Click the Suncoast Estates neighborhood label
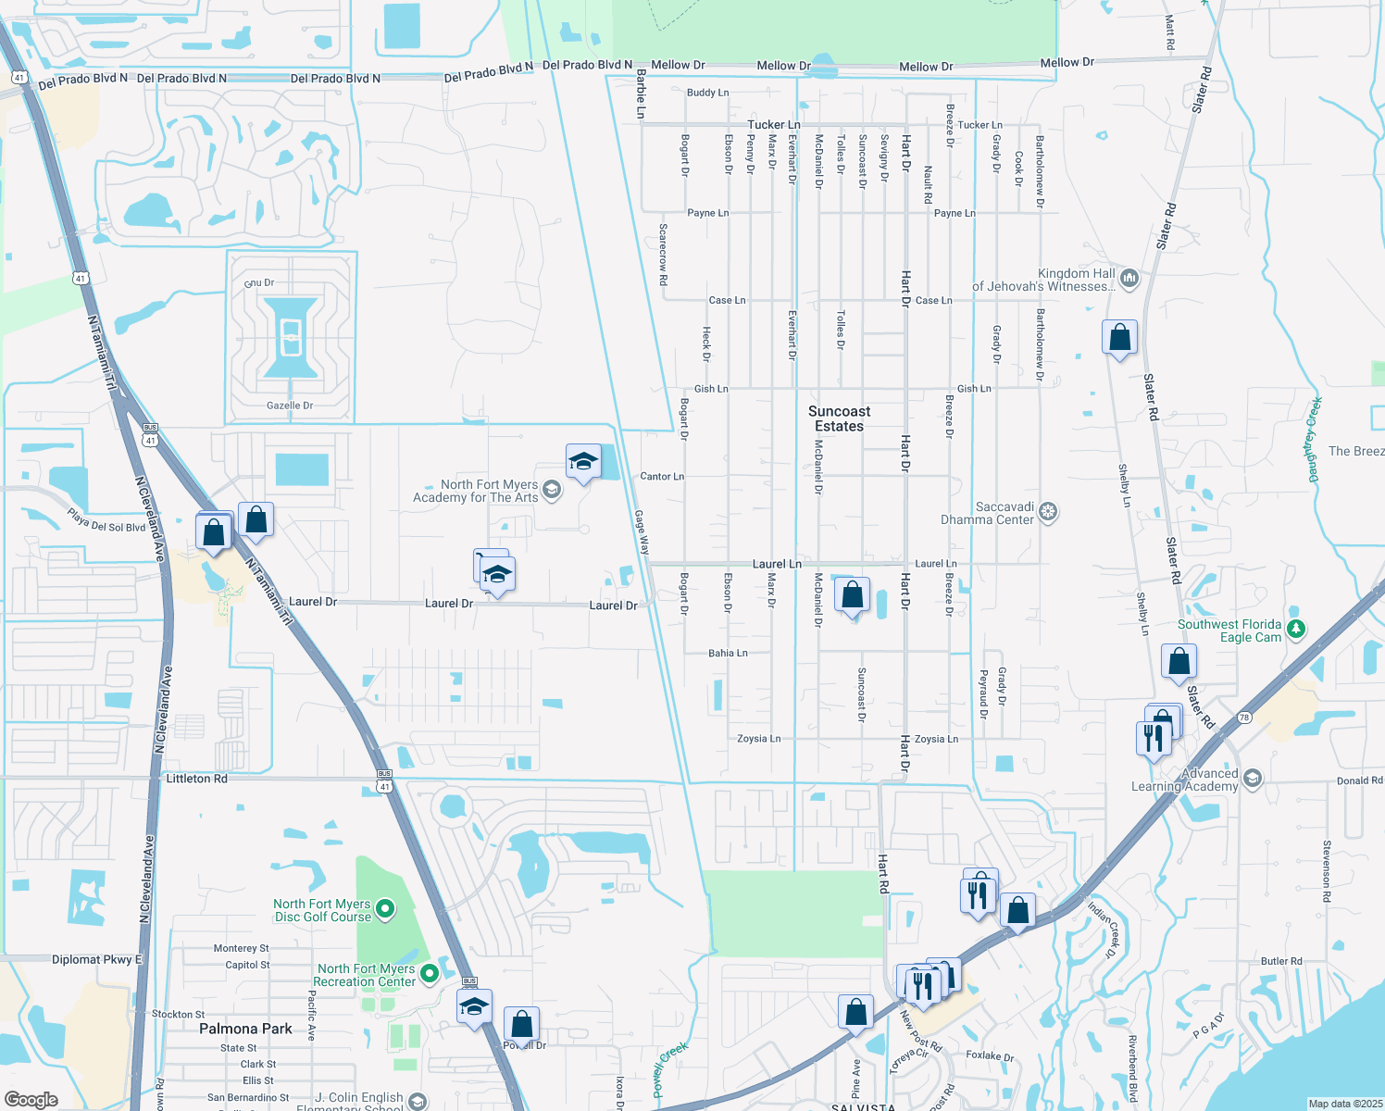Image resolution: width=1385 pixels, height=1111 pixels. click(839, 418)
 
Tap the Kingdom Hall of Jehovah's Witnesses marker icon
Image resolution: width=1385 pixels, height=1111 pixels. click(1129, 278)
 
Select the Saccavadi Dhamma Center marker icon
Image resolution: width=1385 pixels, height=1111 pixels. click(1047, 512)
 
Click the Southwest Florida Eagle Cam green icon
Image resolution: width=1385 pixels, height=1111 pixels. click(1296, 630)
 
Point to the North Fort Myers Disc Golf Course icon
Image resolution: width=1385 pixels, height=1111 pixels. click(385, 909)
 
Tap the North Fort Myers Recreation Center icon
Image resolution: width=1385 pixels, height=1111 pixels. click(429, 974)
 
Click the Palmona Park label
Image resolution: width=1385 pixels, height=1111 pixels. click(245, 1029)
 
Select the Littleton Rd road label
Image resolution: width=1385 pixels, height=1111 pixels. click(196, 779)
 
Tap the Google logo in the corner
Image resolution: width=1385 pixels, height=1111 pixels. click(31, 1099)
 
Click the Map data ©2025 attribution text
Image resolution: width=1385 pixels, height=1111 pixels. click(1344, 1104)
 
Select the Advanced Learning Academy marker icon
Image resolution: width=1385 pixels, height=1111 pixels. click(1253, 779)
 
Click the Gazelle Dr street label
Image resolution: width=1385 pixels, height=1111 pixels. click(290, 406)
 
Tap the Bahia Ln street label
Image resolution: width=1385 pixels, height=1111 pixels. click(728, 653)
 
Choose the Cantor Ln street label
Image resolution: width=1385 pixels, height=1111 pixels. click(662, 476)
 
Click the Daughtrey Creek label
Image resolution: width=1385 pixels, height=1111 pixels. click(1314, 440)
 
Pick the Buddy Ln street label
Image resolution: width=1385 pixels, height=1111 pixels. click(707, 93)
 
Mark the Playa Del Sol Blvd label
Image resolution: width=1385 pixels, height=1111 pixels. click(106, 520)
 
